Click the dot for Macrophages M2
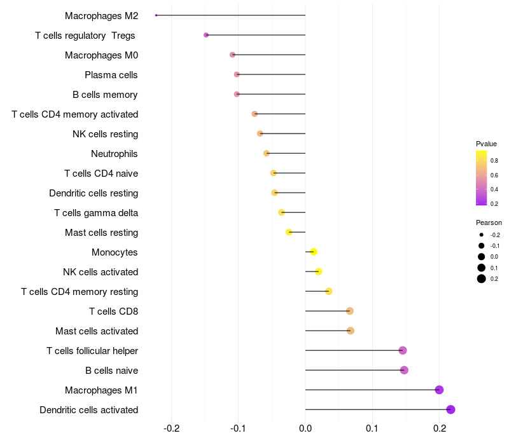coord(156,15)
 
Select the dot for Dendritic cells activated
coord(451,409)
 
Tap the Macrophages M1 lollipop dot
coord(439,390)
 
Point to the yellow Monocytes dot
coord(313,252)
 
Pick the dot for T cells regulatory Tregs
coord(206,35)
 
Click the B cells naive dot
coord(404,370)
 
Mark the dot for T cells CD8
coord(350,311)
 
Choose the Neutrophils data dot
coord(267,153)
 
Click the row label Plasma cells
coord(111,75)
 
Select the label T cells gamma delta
coord(96,213)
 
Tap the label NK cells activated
coord(101,272)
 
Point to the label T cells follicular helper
coord(92,351)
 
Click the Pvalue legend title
coord(486,144)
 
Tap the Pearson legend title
coord(489,223)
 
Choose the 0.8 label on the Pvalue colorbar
coord(494,161)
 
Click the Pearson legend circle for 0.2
coord(482,278)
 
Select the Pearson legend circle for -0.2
coord(482,235)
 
